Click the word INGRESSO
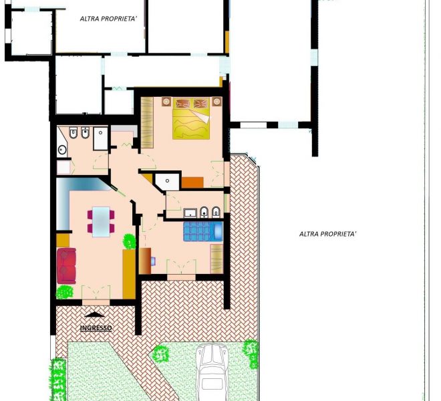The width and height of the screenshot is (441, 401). click(96, 328)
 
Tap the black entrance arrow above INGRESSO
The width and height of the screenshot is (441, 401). click(94, 315)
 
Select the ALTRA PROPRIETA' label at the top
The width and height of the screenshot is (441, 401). click(108, 19)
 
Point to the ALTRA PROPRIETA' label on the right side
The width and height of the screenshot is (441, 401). click(328, 234)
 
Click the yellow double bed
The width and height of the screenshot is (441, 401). click(191, 118)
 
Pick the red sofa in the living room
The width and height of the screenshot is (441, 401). click(66, 265)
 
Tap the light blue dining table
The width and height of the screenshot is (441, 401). click(101, 222)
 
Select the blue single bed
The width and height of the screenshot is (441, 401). click(203, 231)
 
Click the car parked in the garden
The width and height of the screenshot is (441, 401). click(212, 372)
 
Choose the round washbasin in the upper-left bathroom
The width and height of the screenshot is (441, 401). click(62, 149)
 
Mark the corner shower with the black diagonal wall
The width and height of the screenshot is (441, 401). click(167, 182)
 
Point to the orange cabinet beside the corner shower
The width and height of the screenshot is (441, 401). click(192, 182)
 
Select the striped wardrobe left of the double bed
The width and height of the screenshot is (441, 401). click(147, 122)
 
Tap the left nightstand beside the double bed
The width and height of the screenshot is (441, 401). click(166, 102)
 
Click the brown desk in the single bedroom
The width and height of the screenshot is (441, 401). click(145, 261)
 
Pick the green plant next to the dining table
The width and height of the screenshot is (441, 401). click(130, 241)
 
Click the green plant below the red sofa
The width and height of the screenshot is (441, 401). click(65, 292)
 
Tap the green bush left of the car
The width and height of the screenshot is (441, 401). click(160, 354)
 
